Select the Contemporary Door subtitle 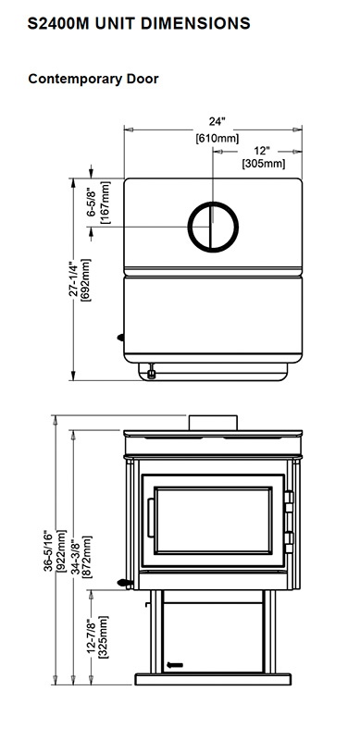93,79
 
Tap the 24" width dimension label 217,122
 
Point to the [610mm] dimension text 217,139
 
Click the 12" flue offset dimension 261,151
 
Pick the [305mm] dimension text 264,164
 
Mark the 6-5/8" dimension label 92,203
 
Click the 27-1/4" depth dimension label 74,279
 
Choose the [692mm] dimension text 86,280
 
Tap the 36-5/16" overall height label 49,550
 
